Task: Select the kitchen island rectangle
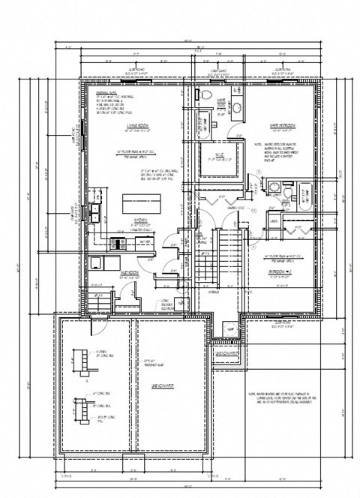tap(141, 203)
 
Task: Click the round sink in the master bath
tap(234, 108)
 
